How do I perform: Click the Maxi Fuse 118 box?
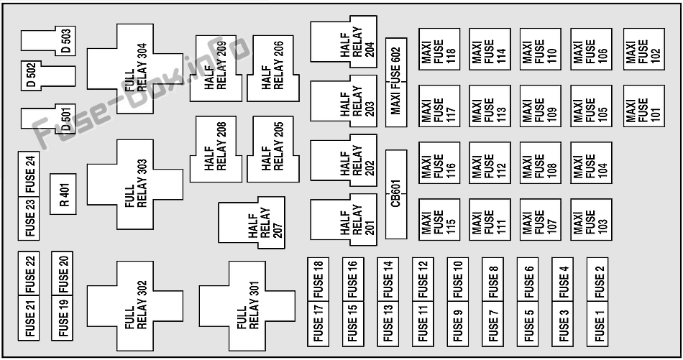pyautogui.click(x=439, y=49)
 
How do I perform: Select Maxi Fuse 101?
pyautogui.click(x=643, y=106)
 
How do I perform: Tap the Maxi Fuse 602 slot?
pyautogui.click(x=396, y=82)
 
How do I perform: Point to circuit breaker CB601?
pyautogui.click(x=396, y=195)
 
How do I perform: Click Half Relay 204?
pyautogui.click(x=344, y=42)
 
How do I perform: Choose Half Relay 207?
pyautogui.click(x=252, y=223)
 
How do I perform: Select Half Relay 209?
pyautogui.click(x=216, y=69)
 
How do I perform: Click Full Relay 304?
pyautogui.click(x=135, y=69)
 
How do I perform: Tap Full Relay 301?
pyautogui.click(x=247, y=306)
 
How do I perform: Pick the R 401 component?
pyautogui.click(x=63, y=194)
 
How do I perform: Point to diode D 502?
pyautogui.click(x=48, y=76)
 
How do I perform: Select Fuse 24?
pyautogui.click(x=29, y=174)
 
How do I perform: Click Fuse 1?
pyautogui.click(x=597, y=324)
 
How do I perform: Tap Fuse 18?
pyautogui.click(x=318, y=279)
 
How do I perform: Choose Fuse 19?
pyautogui.click(x=63, y=318)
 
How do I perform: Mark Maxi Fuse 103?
pyautogui.click(x=591, y=220)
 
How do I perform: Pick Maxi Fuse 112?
pyautogui.click(x=490, y=163)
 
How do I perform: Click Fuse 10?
pyautogui.click(x=458, y=279)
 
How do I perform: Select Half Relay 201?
pyautogui.click(x=344, y=219)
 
